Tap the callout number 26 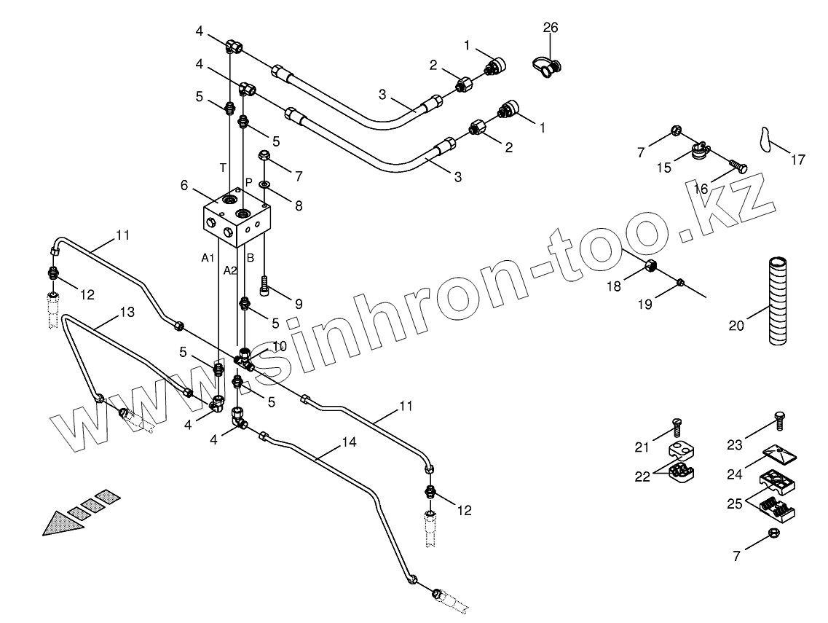[551, 28]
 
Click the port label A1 [208, 257]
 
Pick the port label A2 [230, 270]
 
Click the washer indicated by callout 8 [263, 184]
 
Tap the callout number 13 [127, 312]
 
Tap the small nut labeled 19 [680, 283]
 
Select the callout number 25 [736, 502]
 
